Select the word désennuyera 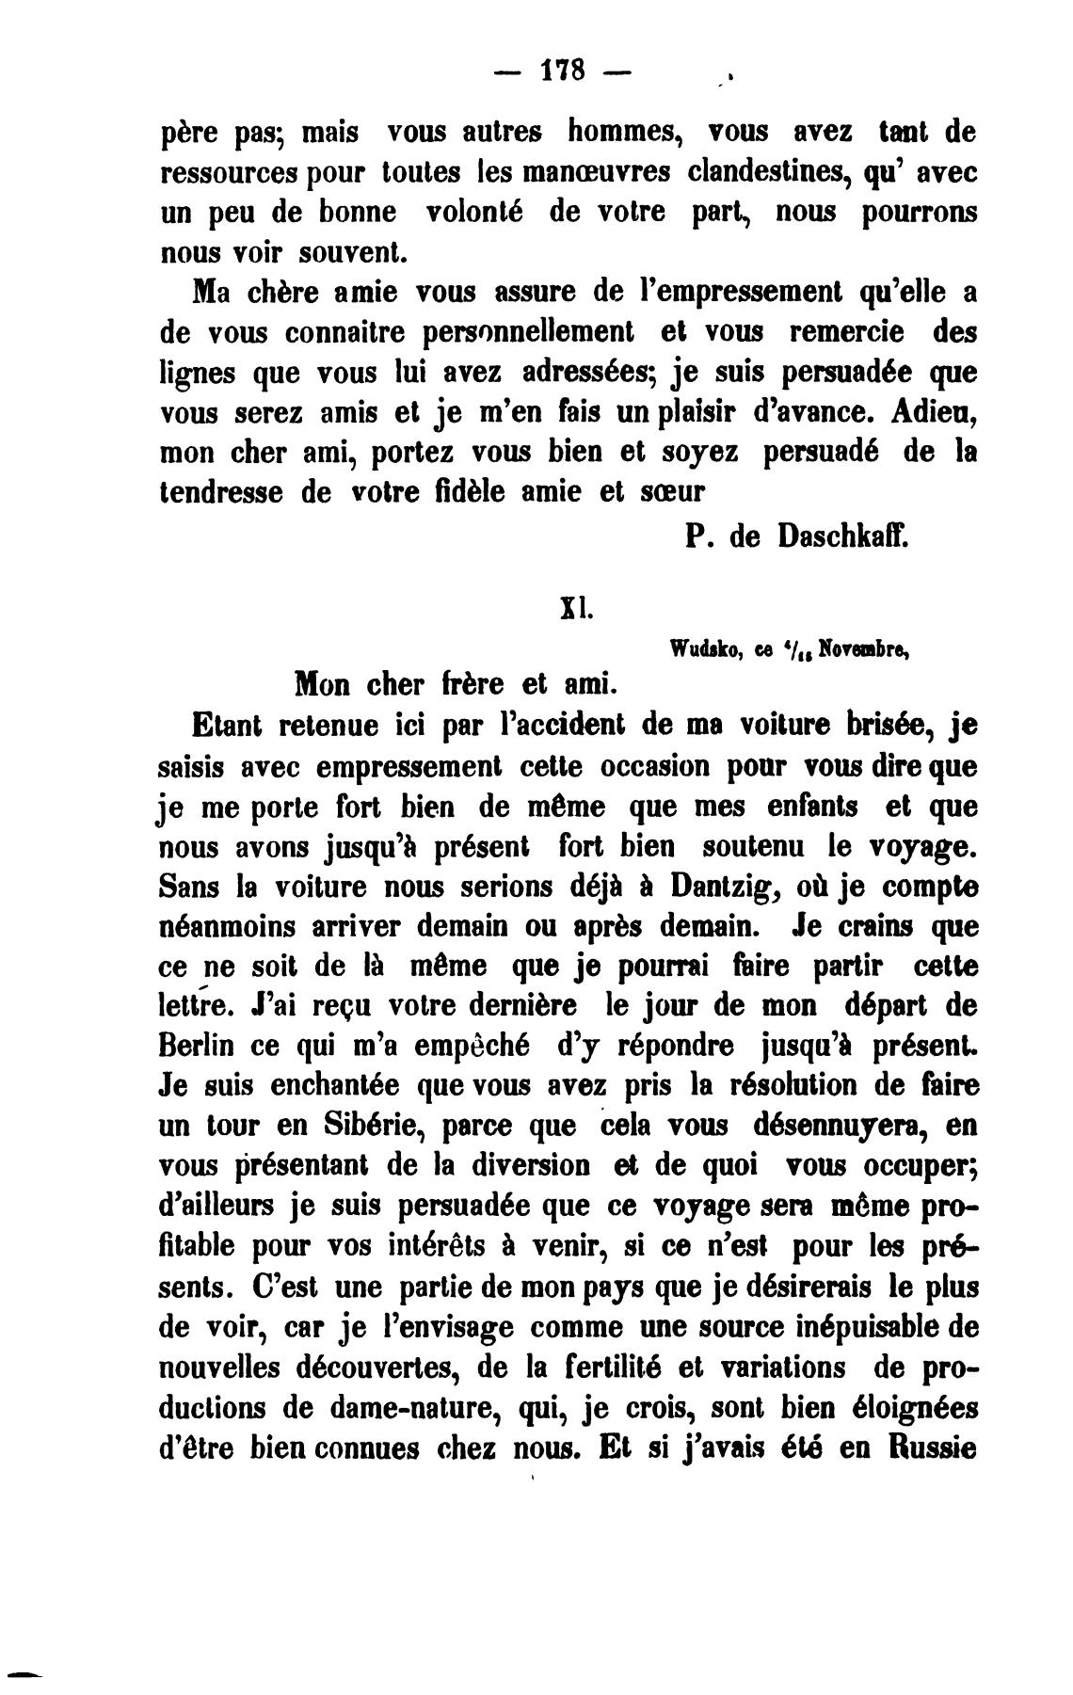pos(832,1127)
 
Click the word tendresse pos(221,494)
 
